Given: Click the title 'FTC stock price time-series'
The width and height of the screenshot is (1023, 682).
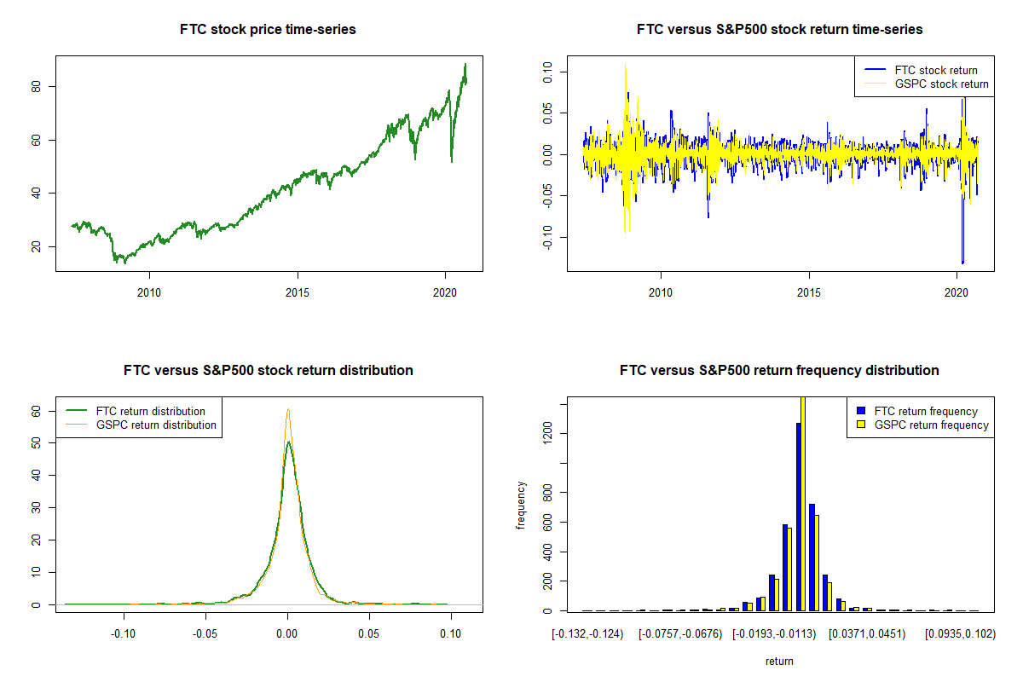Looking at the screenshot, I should coord(268,30).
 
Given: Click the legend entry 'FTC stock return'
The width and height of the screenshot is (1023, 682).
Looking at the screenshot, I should coord(936,70).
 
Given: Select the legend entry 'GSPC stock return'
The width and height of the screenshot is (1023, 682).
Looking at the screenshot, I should coord(941,84).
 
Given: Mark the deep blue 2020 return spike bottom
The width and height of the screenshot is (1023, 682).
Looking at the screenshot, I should coord(962,263).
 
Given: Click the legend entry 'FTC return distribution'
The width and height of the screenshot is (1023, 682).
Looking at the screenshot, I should coord(151,411).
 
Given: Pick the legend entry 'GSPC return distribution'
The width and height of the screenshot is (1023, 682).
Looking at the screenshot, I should coord(156,425).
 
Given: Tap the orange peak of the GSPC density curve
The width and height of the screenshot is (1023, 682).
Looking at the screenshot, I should coord(288,409).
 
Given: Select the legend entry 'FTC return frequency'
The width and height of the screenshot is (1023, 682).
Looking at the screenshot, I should coord(926,411).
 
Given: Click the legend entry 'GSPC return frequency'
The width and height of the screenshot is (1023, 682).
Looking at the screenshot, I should coord(931,425).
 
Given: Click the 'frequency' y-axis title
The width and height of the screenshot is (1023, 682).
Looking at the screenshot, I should coord(522,506).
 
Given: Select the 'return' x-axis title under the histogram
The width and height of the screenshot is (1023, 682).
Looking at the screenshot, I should coord(779,661).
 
